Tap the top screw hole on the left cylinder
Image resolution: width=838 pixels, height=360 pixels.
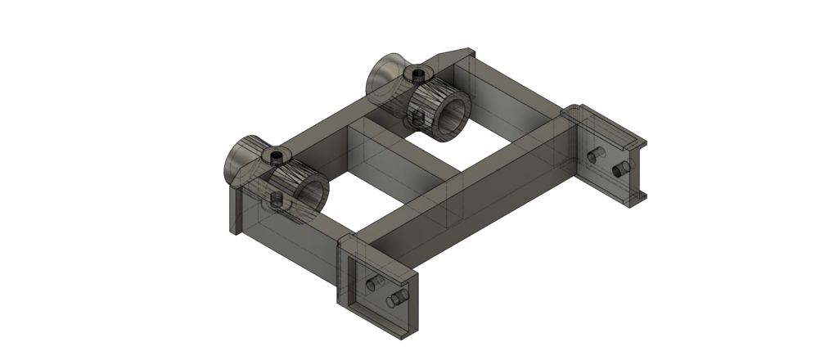(276, 155)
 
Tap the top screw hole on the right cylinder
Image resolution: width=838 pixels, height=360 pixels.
(419, 75)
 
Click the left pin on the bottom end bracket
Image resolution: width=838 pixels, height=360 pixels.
(374, 283)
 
